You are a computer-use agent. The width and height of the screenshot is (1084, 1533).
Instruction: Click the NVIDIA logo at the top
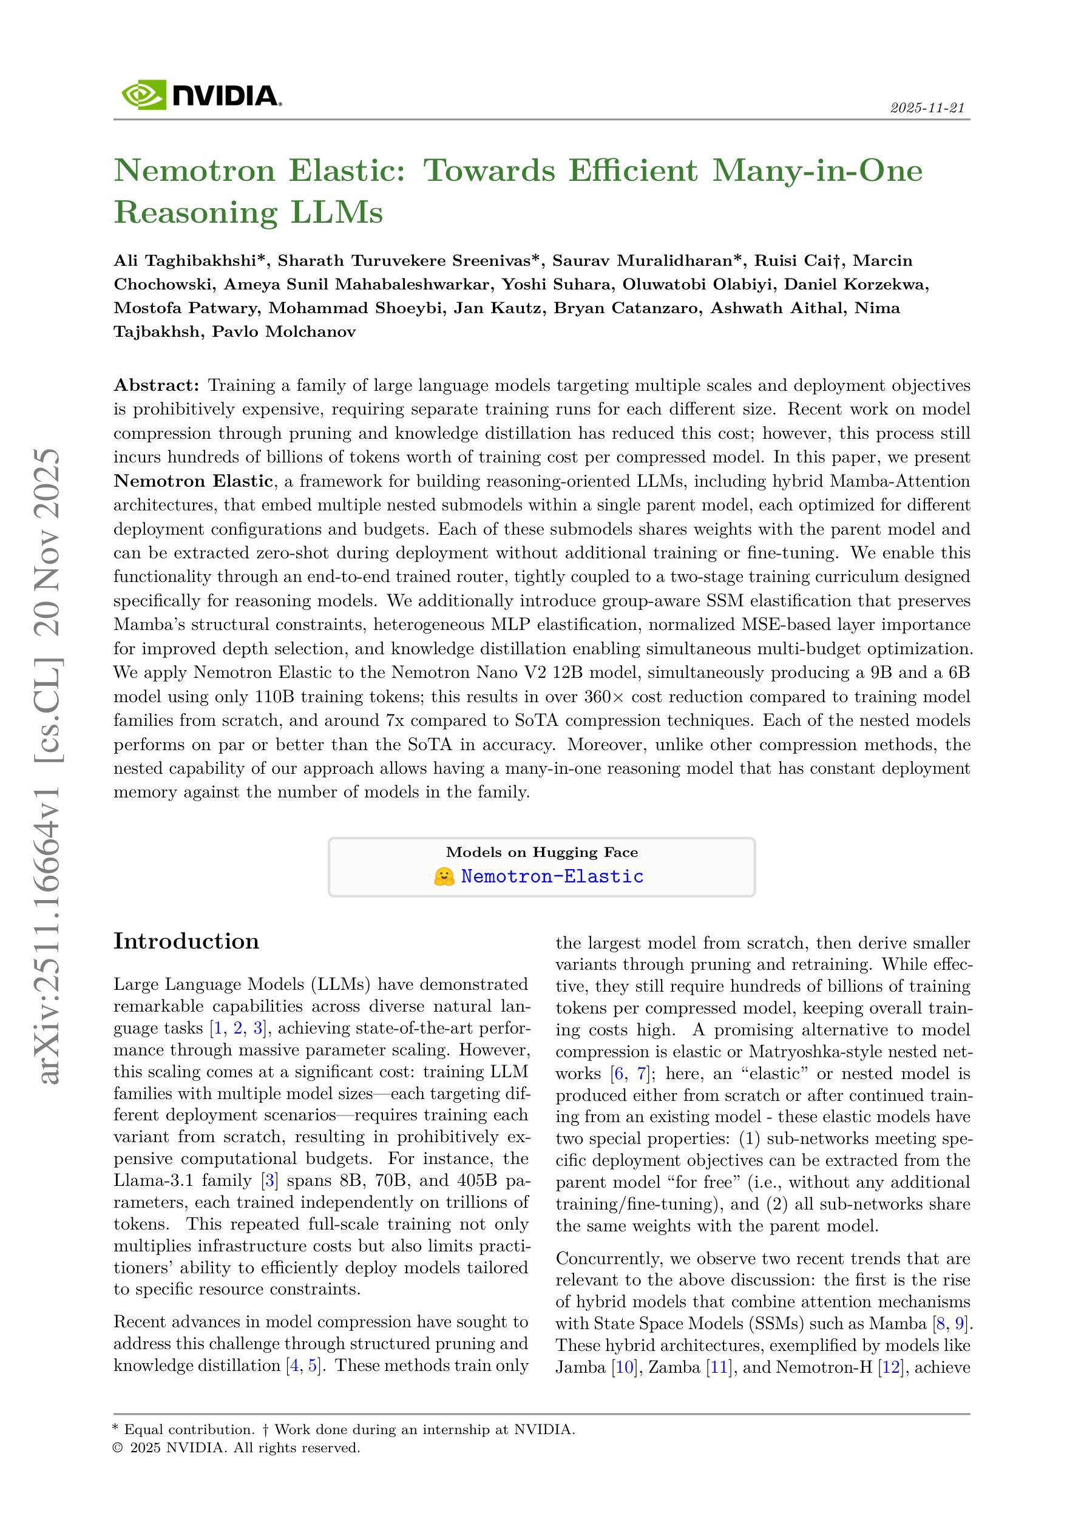tap(200, 95)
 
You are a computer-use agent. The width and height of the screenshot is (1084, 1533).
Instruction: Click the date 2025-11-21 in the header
tap(927, 108)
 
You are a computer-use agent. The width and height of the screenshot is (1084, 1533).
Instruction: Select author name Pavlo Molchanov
tap(284, 332)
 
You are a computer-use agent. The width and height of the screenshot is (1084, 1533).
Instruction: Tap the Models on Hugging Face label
tap(541, 852)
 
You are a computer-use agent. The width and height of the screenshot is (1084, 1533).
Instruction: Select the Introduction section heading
tap(186, 941)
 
